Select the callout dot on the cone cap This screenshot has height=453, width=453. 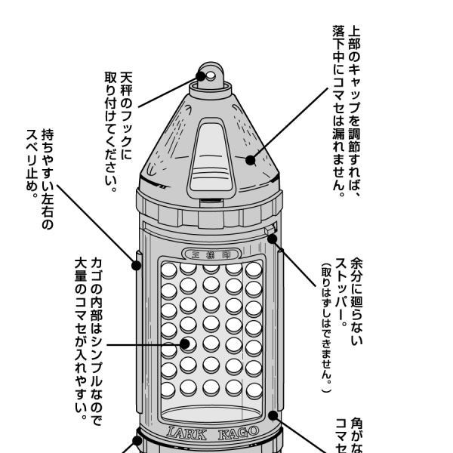pos(252,159)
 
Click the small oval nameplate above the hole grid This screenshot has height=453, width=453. pos(211,254)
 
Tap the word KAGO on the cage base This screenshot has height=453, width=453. pos(238,433)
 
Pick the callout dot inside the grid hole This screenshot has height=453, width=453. pos(186,344)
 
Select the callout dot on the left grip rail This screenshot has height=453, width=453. pos(137,264)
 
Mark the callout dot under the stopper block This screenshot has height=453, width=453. pos(272,239)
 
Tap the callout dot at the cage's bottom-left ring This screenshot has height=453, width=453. pos(138,436)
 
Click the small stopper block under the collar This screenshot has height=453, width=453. pos(270,229)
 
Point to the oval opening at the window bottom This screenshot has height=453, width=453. pos(211,414)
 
